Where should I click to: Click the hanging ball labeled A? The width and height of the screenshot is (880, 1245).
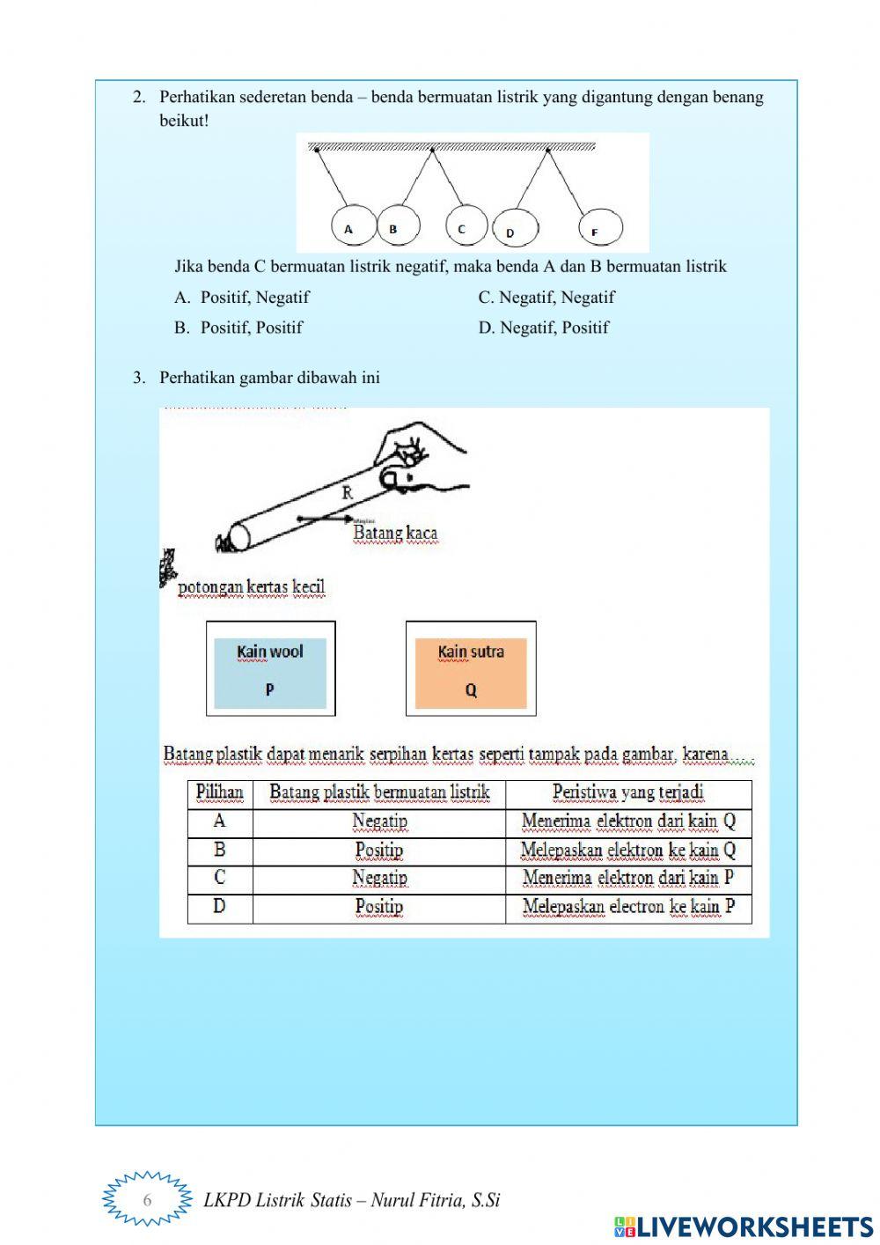pyautogui.click(x=353, y=227)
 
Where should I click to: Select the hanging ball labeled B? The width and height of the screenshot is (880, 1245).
pyautogui.click(x=398, y=227)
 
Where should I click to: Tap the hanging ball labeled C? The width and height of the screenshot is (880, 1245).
pyautogui.click(x=466, y=227)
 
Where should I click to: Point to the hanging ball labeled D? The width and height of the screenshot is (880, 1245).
pyautogui.click(x=514, y=230)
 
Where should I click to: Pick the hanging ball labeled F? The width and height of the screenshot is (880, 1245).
pyautogui.click(x=601, y=230)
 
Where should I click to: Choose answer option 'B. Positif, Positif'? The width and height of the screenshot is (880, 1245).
pyautogui.click(x=238, y=328)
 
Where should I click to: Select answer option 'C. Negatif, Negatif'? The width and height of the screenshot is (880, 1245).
pyautogui.click(x=546, y=298)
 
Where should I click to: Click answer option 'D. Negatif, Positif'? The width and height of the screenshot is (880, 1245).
pyautogui.click(x=543, y=328)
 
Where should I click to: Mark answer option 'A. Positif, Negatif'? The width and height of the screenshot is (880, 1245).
pyautogui.click(x=242, y=298)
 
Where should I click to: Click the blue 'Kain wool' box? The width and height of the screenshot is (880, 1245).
pyautogui.click(x=270, y=669)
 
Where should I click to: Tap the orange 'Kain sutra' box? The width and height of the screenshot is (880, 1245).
pyautogui.click(x=471, y=669)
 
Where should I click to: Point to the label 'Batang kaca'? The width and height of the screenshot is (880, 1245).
pyautogui.click(x=395, y=533)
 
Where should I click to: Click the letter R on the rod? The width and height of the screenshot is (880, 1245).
pyautogui.click(x=348, y=493)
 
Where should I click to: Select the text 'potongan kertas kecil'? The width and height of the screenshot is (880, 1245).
pyautogui.click(x=252, y=587)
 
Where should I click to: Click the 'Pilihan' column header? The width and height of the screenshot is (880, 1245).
pyautogui.click(x=220, y=792)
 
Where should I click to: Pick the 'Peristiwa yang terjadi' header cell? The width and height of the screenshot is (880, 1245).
pyautogui.click(x=628, y=792)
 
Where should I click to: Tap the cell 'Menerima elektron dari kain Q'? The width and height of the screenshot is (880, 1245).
pyautogui.click(x=628, y=821)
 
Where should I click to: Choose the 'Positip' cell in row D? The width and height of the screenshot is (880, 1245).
pyautogui.click(x=379, y=907)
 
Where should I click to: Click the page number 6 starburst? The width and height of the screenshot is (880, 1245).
pyautogui.click(x=147, y=1199)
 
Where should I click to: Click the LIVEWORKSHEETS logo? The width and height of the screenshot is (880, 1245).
pyautogui.click(x=744, y=1227)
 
